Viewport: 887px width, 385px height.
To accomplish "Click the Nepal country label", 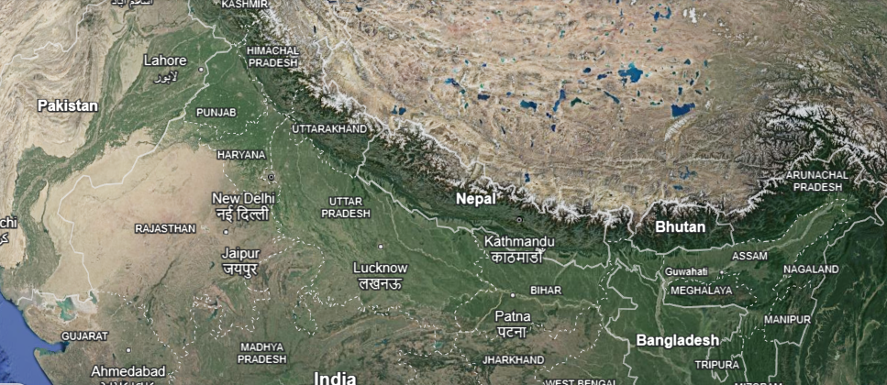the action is coord(475,198).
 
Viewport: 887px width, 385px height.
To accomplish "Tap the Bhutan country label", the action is coord(680,226).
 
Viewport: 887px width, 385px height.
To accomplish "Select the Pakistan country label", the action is coord(67,105).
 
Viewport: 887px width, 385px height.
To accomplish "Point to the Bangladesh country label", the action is coord(677,340).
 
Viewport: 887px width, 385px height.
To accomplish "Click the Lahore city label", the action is coord(165,60).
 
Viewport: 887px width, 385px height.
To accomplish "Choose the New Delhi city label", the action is coord(243,198).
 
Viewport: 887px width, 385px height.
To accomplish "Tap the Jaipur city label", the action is coord(240,253).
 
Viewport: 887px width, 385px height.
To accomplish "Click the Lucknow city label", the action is coord(380,268).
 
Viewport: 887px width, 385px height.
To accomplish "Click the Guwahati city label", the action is coord(687,271).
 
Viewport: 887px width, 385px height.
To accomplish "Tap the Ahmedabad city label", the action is coord(128,370).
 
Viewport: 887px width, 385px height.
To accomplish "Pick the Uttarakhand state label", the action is coord(328,129).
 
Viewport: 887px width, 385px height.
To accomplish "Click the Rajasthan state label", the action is coord(165,227).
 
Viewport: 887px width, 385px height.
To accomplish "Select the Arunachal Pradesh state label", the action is coord(817,181).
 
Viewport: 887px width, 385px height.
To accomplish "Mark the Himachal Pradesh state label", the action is coord(273,56).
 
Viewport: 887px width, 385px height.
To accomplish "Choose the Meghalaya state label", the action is coord(702,291).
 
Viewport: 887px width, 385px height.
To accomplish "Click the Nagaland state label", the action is coord(811,269).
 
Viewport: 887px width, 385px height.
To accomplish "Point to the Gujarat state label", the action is coord(84,336).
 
